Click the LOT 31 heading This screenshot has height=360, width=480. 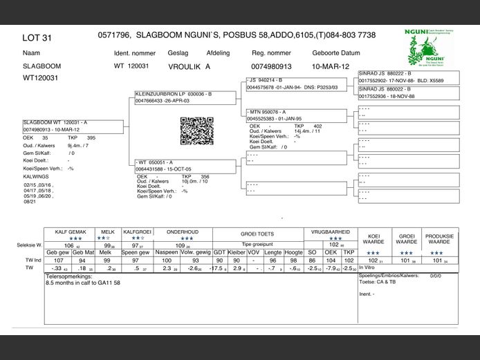pos(37,37)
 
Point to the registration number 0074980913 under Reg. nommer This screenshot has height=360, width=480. pos(271,66)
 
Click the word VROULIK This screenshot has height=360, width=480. pos(183,66)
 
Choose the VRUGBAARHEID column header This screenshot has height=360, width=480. pos(331,234)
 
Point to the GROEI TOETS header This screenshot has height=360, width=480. pos(257,234)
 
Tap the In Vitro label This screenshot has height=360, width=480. pos(367,268)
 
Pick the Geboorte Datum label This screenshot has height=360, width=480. pos(336,53)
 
